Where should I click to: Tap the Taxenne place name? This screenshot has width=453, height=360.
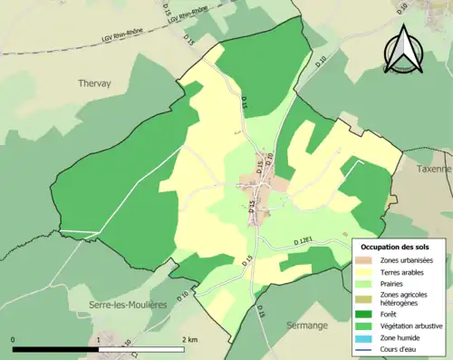tap(432, 169)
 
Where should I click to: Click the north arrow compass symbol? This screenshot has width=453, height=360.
tap(402, 50)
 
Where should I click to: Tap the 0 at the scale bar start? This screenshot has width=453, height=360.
tap(14, 339)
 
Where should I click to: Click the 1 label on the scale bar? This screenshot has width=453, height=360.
tap(99, 339)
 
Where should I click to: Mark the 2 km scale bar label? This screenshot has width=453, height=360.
tap(188, 339)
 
